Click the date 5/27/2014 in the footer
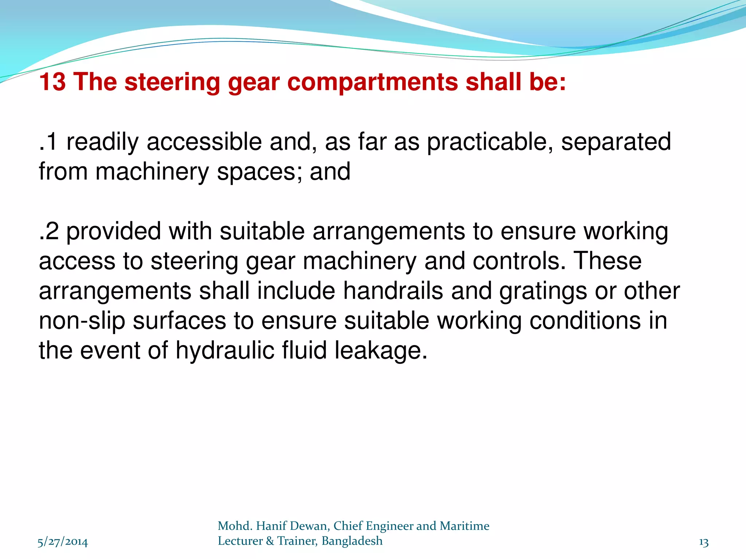tap(63, 542)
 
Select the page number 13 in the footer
tap(704, 542)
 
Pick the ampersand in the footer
tap(270, 541)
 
